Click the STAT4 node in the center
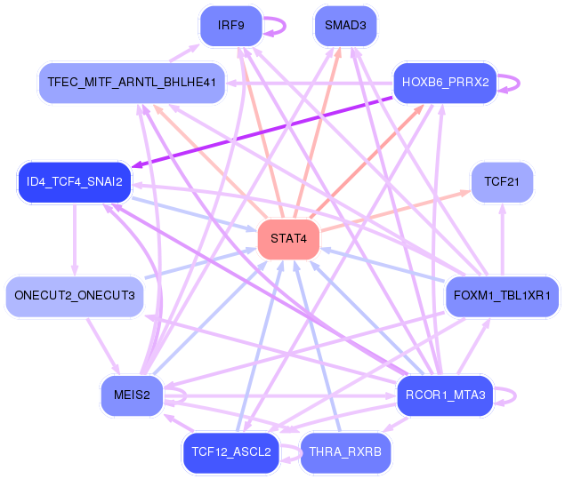point(288,239)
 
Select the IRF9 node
point(230,26)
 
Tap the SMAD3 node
point(345,26)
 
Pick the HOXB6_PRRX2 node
point(445,83)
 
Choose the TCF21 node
point(502,182)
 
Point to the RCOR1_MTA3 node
point(445,395)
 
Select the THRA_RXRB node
point(344,452)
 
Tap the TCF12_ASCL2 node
point(230,452)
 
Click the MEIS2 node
point(132,395)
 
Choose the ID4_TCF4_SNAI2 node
point(74,182)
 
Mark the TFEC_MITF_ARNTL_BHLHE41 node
point(132,83)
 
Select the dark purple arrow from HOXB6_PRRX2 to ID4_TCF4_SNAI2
point(267,132)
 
